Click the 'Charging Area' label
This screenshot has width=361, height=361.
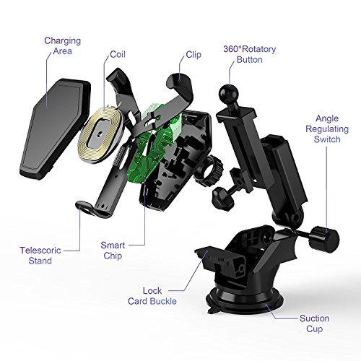click(x=63, y=45)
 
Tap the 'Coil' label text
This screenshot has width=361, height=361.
click(x=118, y=54)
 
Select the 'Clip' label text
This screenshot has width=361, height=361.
click(x=193, y=55)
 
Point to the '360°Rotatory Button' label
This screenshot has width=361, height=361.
click(x=250, y=54)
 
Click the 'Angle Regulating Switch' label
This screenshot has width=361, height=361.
click(x=327, y=129)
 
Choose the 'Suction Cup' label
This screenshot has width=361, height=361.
click(x=315, y=323)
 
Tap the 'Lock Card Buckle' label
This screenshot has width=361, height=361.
click(x=152, y=296)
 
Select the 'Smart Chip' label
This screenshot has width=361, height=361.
click(x=113, y=251)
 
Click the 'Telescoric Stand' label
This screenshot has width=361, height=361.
click(x=40, y=256)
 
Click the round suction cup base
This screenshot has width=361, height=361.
click(x=243, y=301)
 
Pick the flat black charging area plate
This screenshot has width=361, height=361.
click(x=56, y=129)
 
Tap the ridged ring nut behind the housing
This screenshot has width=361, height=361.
click(x=211, y=171)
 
